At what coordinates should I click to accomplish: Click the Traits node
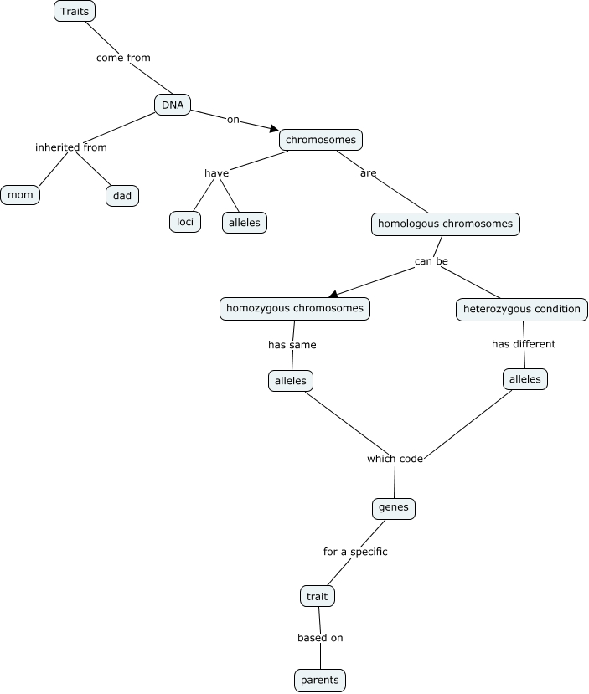pos(75,12)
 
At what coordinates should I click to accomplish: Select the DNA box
pos(173,105)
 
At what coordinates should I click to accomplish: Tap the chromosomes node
pos(321,140)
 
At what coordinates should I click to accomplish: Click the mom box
pos(20,195)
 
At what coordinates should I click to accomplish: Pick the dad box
pos(122,196)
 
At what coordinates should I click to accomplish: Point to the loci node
pos(185,222)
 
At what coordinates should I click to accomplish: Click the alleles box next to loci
pos(245,223)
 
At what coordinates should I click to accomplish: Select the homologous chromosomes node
pos(445,224)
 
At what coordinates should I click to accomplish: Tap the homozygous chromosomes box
pos(294,309)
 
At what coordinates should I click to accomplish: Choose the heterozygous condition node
pos(521,310)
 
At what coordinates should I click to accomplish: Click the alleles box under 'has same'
pos(290,381)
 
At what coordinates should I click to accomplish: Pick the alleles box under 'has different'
pos(526,379)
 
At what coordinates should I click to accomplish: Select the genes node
pos(393,507)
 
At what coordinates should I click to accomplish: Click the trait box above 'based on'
pos(318,597)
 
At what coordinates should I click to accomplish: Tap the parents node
pos(320,681)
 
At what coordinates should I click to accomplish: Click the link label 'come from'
pos(123,58)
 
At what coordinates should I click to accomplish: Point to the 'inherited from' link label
pos(71,147)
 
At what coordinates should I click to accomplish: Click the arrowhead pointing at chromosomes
pos(273,128)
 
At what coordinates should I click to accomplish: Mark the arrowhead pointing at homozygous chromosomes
pos(333,293)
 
